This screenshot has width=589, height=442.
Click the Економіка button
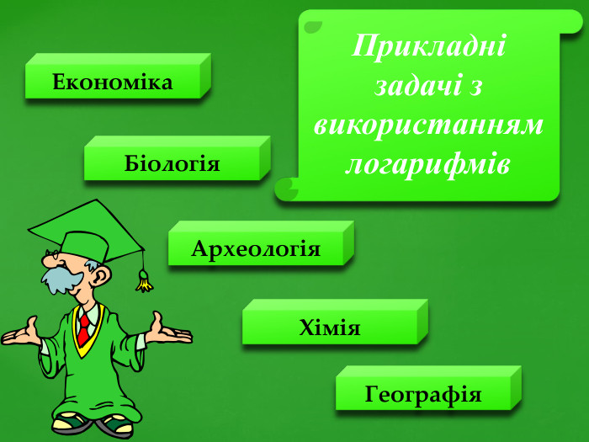pyautogui.click(x=113, y=82)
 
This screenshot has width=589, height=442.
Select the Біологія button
pyautogui.click(x=172, y=163)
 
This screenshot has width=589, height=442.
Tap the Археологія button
pyautogui.click(x=256, y=248)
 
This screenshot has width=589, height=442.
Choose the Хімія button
pyautogui.click(x=330, y=327)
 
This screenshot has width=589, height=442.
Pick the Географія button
pyautogui.click(x=423, y=393)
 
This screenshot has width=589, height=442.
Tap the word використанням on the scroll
pyautogui.click(x=429, y=125)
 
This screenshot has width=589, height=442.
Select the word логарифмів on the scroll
pyautogui.click(x=429, y=164)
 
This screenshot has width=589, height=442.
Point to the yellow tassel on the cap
pyautogui.click(x=145, y=281)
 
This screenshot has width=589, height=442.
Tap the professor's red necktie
pyautogui.click(x=83, y=328)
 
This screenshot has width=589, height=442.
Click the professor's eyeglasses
pyautogui.click(x=57, y=255)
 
